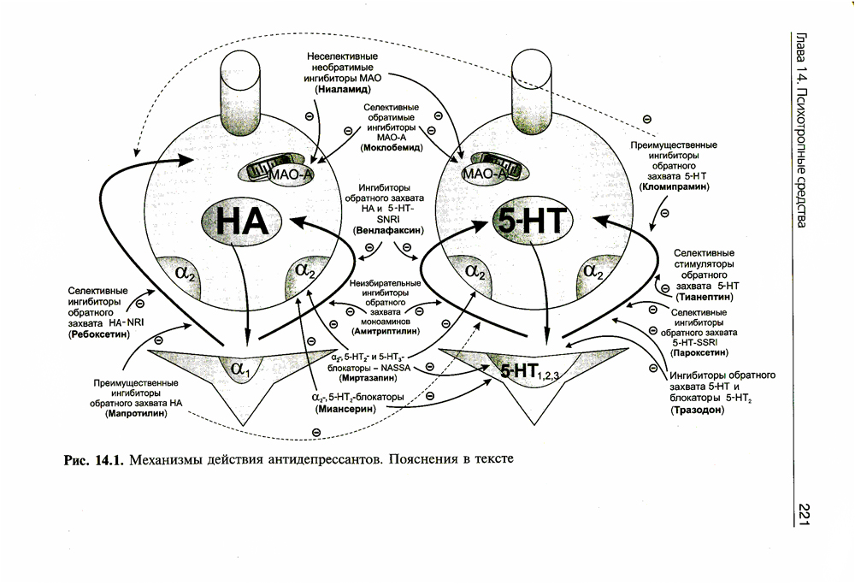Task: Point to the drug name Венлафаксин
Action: [386, 230]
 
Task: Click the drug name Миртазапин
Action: [365, 376]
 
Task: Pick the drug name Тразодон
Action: [699, 411]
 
